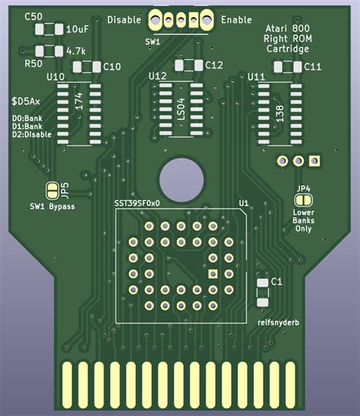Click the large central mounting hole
pyautogui.click(x=180, y=179)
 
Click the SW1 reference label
pyautogui.click(x=153, y=42)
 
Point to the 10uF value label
pyautogui.click(x=77, y=30)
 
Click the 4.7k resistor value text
pyautogui.click(x=75, y=51)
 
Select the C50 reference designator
pyautogui.click(x=33, y=16)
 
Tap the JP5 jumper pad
pyautogui.click(x=52, y=190)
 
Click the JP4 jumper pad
pyautogui.click(x=303, y=199)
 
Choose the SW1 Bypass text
pyautogui.click(x=52, y=206)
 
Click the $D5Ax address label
pyautogui.click(x=27, y=100)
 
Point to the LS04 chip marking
pyautogui.click(x=181, y=110)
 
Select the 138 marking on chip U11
pyautogui.click(x=279, y=114)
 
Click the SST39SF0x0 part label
pyautogui.click(x=137, y=203)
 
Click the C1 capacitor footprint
pyautogui.click(x=263, y=291)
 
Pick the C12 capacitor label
pyautogui.click(x=213, y=65)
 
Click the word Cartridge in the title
pyautogui.click(x=287, y=49)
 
